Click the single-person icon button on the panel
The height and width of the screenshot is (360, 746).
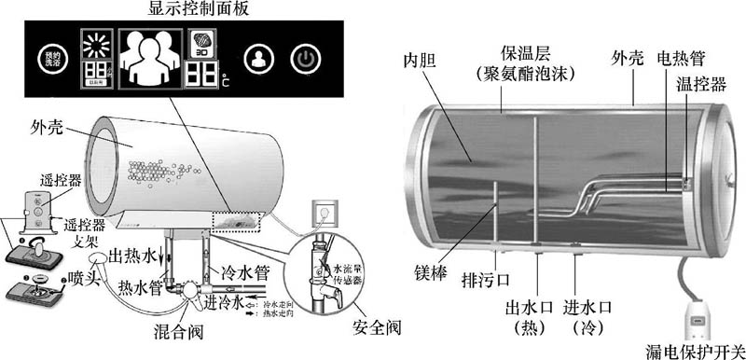point(256,60)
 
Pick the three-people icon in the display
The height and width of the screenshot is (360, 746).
point(148,59)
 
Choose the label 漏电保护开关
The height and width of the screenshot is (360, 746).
point(695,350)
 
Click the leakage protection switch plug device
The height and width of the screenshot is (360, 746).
point(698,316)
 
